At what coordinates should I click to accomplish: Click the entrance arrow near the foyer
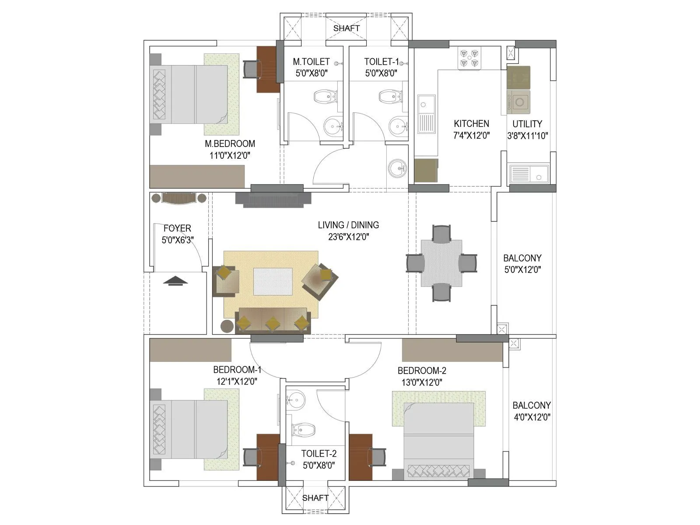tap(175, 281)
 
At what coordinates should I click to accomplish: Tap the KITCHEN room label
tap(471, 124)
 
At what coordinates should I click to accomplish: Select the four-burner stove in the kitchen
tap(469, 58)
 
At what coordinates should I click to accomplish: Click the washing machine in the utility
tap(519, 102)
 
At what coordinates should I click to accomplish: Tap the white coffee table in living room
tap(273, 282)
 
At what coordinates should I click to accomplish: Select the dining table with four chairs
tap(441, 263)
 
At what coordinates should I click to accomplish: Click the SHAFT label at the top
tap(346, 28)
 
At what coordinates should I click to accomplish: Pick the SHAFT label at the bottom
tap(315, 498)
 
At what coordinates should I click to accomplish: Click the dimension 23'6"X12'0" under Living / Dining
tap(349, 237)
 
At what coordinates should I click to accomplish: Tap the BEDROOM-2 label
tap(422, 371)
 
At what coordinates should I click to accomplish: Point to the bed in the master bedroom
tap(189, 94)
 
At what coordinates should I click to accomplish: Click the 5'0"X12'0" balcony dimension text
tap(522, 269)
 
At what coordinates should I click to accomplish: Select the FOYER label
tap(177, 228)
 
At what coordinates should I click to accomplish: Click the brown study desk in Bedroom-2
tap(360, 457)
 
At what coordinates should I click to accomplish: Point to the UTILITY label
tap(527, 124)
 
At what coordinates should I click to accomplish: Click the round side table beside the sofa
tap(227, 326)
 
